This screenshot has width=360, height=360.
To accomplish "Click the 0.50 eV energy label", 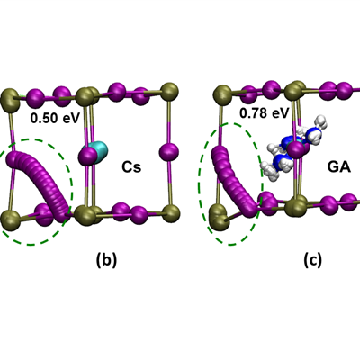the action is coord(55,118).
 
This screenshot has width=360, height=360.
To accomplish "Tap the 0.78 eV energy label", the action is coord(264,113).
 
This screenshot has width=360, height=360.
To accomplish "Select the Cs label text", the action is coord(131,167).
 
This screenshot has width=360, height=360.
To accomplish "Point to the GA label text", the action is coord(339,167).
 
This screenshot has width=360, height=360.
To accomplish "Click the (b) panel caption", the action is coord(106,260).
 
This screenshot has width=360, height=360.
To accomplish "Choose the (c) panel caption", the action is coord(312,260).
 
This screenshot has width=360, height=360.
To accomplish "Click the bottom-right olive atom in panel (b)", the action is coord(171,213).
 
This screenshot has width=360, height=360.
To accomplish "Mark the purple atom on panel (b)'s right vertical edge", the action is coord(168,152).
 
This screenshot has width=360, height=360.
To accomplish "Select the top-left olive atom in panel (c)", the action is coord(222,94).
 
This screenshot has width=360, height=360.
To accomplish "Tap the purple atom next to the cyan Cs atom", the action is coord(87,156).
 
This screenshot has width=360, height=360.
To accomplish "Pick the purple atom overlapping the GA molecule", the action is coord(297,150).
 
